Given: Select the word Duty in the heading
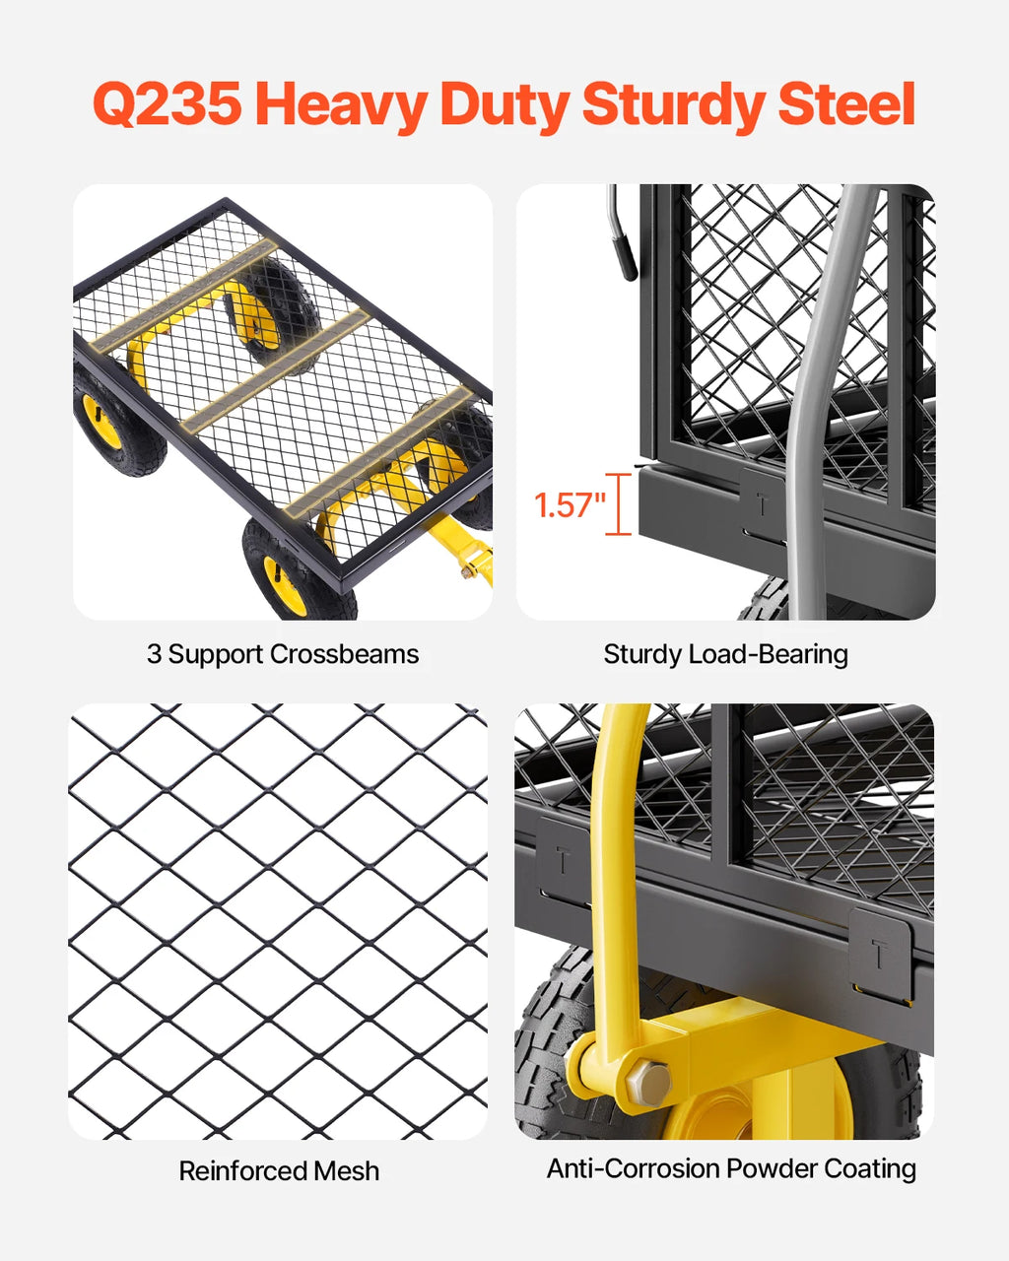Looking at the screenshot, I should pyautogui.click(x=503, y=104).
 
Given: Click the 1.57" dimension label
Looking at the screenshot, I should pyautogui.click(x=569, y=505).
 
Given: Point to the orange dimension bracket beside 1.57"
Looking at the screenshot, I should pyautogui.click(x=619, y=504).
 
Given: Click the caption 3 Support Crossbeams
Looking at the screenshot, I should pyautogui.click(x=283, y=654).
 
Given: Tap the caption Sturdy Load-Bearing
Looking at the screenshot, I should pyautogui.click(x=725, y=654).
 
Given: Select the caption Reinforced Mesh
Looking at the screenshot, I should pyautogui.click(x=279, y=1170).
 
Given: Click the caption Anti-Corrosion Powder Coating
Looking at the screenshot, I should pyautogui.click(x=731, y=1168).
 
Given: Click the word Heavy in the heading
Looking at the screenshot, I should pyautogui.click(x=341, y=104).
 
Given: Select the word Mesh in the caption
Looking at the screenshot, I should pyautogui.click(x=346, y=1170).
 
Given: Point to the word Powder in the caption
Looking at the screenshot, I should pyautogui.click(x=772, y=1168).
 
